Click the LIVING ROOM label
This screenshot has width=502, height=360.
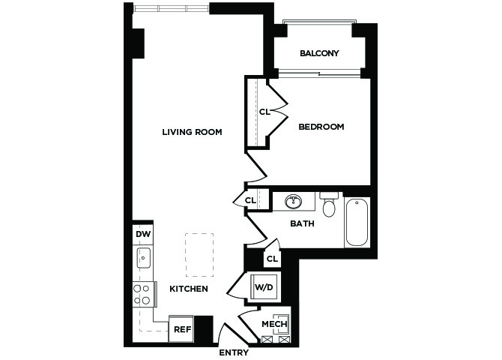[192, 132]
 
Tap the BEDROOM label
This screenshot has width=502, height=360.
[321, 127]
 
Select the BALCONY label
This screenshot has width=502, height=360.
[319, 53]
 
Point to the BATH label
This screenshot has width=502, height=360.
[302, 223]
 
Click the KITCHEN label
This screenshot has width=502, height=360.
[189, 289]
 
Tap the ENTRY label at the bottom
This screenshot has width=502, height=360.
[234, 352]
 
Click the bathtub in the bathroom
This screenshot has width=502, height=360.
[357, 222]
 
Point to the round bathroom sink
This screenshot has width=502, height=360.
[293, 202]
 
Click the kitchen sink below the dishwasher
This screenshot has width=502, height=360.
[143, 258]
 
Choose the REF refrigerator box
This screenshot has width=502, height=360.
[181, 329]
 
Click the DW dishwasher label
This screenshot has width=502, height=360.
[143, 234]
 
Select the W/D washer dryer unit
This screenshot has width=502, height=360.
[264, 287]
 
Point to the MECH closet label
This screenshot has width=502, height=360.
[274, 324]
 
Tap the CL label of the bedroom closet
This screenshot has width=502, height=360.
[264, 112]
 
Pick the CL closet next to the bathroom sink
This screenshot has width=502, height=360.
[250, 201]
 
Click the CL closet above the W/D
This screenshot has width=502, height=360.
[272, 259]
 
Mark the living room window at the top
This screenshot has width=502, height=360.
[172, 9]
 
